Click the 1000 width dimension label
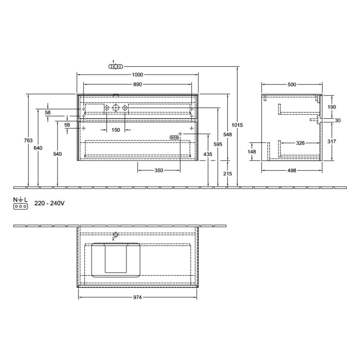(x=137, y=75)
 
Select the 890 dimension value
(x=137, y=84)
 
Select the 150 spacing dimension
(x=116, y=130)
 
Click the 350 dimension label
(x=159, y=170)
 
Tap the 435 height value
(x=208, y=154)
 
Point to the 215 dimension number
(x=228, y=174)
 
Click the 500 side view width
(x=292, y=84)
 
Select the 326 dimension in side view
(x=300, y=142)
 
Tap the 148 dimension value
(x=252, y=152)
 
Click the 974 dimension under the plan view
(x=137, y=297)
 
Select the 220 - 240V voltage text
(x=49, y=204)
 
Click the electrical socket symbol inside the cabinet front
(x=174, y=137)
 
